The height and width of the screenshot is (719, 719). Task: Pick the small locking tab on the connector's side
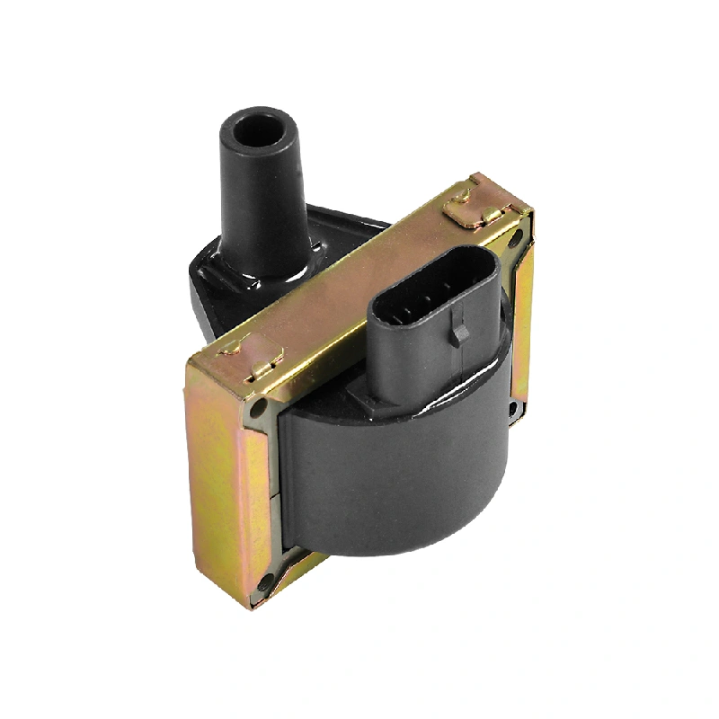(460, 333)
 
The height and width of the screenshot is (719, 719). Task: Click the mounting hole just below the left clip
(260, 409)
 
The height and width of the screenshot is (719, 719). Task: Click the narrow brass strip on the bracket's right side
(522, 324)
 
